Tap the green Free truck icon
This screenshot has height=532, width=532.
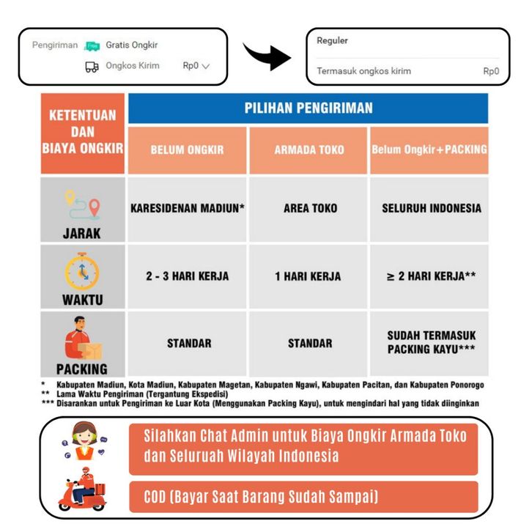tap(92, 45)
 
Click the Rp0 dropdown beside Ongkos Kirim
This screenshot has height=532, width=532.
tap(196, 66)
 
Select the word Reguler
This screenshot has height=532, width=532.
tap(332, 41)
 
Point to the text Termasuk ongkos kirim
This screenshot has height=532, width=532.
tap(363, 72)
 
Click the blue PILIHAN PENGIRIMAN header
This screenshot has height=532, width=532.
tap(308, 108)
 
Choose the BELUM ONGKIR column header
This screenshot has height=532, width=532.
tap(188, 149)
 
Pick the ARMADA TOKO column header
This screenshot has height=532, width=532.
tap(309, 149)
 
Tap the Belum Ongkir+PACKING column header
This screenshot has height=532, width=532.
tap(429, 149)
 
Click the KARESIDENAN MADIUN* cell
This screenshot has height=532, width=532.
tap(188, 208)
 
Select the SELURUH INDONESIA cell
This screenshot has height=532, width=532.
tap(432, 208)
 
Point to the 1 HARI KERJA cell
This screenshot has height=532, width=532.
tap(309, 276)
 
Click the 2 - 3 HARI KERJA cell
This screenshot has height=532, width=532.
tap(188, 276)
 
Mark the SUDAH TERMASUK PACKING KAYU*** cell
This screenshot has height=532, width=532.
tap(429, 342)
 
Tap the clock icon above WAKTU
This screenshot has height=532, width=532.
tap(82, 270)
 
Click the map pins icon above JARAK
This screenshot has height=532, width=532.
tap(82, 206)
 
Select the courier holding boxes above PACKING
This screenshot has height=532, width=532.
tap(82, 339)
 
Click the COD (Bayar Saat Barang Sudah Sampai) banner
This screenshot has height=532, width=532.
tap(303, 498)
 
